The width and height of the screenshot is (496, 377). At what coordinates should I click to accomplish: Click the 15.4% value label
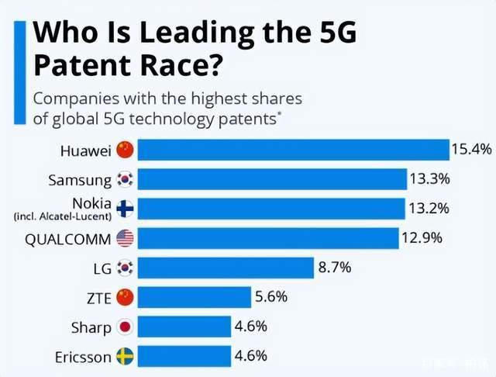point(471,149)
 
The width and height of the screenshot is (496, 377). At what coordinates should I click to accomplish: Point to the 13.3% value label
point(429,179)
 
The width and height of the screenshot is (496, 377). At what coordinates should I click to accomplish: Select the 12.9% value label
point(422,238)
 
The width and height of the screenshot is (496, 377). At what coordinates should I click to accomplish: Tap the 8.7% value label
point(334,268)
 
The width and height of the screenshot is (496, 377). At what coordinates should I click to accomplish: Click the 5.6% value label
point(272,297)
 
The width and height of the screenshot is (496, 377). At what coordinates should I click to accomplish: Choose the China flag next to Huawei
point(126,149)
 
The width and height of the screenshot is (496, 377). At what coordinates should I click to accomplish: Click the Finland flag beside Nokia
point(126,208)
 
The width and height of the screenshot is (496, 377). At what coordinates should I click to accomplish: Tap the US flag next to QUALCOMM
point(126,238)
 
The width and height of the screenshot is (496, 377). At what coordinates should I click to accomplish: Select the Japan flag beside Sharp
point(126,327)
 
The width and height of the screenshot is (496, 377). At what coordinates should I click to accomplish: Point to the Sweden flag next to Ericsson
point(126,356)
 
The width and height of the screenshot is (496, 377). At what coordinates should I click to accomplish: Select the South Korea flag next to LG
point(126,268)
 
